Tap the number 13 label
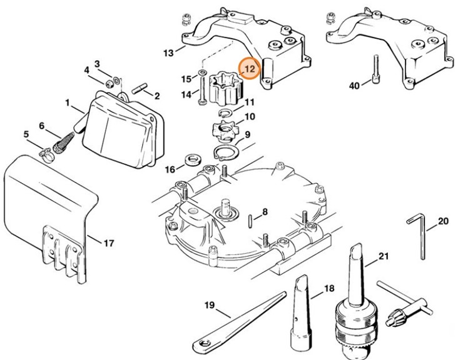pos(168,54)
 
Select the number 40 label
pos(355,86)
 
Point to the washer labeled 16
pos(193,165)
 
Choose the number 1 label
pos(67,101)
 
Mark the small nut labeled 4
pos(110,82)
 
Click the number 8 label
pos(265,212)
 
